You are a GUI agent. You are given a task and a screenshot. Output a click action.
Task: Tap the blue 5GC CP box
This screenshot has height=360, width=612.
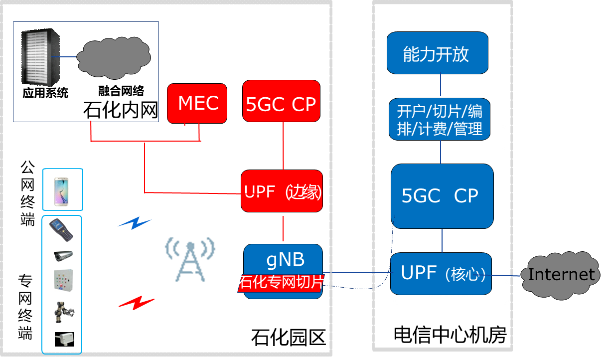[x=442, y=196]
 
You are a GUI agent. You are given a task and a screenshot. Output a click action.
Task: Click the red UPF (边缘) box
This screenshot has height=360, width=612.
[x=282, y=191]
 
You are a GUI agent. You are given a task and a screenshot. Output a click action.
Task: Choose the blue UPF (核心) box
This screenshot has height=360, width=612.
[x=441, y=273]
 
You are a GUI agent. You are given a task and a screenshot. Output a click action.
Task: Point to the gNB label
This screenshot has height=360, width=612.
[x=285, y=260]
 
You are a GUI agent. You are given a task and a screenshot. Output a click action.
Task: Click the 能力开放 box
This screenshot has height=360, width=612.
[x=437, y=53]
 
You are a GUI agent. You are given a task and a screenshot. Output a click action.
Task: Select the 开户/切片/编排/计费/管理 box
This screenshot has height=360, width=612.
[x=440, y=120]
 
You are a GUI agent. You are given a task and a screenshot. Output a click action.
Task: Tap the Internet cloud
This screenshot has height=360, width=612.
[x=561, y=275]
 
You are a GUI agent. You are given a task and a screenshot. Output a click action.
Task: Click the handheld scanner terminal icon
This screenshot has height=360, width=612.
[x=62, y=230]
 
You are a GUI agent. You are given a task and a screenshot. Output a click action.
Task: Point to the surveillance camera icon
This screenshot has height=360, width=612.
[x=63, y=255]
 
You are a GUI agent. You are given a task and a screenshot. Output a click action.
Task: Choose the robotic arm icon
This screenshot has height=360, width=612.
[x=64, y=312]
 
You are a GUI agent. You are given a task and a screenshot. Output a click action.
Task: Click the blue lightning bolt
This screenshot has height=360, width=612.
[x=134, y=223]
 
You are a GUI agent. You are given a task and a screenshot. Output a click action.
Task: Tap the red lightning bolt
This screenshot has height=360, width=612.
[x=136, y=302]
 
